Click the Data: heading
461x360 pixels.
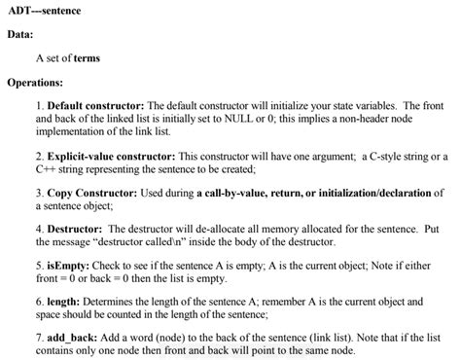point(21,35)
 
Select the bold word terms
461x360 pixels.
point(86,58)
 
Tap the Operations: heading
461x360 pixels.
point(35,83)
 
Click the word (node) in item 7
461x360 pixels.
point(180,337)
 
